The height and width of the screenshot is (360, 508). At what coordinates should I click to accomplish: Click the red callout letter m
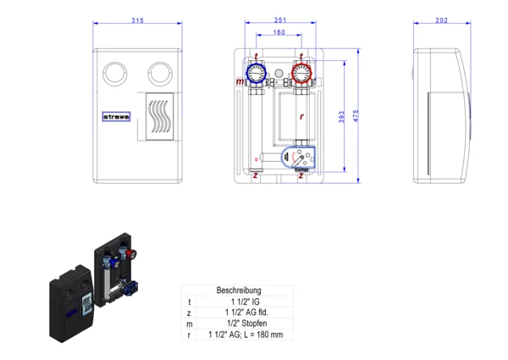pyautogui.click(x=240, y=82)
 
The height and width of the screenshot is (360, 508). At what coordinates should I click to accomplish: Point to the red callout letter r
pyautogui.click(x=301, y=115)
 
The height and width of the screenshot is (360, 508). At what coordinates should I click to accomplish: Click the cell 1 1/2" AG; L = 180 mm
pyautogui.click(x=245, y=335)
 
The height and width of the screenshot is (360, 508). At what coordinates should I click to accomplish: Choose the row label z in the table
pyautogui.click(x=190, y=313)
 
